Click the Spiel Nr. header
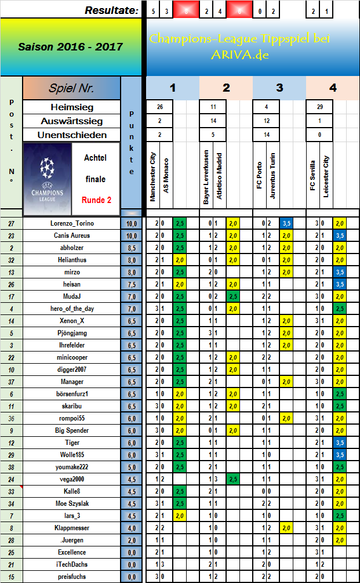(72, 89)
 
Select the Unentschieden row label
(72, 135)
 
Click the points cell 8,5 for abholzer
(131, 248)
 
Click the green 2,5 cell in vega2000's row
(232, 479)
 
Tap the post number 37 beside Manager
(11, 382)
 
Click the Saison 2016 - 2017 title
(70, 46)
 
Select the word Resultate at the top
(111, 10)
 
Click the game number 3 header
(279, 88)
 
